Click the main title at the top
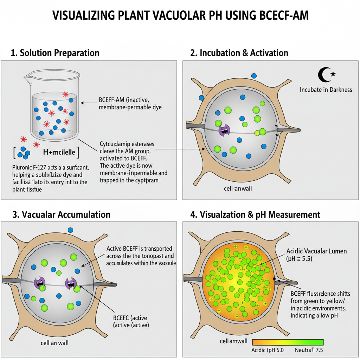[180, 16]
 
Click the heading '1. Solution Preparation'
[55, 53]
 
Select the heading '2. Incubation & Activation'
[239, 53]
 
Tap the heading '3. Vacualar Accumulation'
[61, 214]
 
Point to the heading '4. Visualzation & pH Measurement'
[255, 214]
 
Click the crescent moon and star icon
[327, 74]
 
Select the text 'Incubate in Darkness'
[326, 90]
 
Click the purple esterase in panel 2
[224, 130]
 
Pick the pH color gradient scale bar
[288, 342]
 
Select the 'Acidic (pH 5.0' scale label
[268, 350]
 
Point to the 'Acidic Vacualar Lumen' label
[316, 251]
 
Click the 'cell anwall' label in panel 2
[238, 189]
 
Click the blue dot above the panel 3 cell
[70, 230]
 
